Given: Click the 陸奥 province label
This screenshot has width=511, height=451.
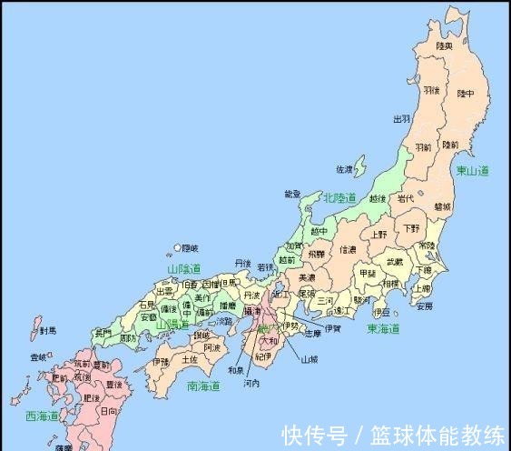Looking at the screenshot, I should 444,45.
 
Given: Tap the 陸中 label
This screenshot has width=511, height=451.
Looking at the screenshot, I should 464,94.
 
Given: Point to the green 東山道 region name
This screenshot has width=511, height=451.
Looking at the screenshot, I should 472,170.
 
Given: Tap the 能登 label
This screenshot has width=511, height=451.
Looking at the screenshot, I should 292,194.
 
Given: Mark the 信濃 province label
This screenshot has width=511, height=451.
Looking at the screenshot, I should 349,248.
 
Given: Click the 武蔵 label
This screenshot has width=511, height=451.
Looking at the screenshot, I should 394,262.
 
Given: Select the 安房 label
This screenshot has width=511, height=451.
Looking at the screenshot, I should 424,306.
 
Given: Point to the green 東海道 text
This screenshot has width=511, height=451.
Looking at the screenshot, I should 384,328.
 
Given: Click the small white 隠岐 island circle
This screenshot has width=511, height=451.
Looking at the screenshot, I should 177,246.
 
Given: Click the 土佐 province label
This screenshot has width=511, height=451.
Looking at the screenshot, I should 189,359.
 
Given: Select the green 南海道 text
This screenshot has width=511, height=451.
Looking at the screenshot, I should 203,386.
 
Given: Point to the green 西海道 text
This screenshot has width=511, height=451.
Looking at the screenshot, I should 42,416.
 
